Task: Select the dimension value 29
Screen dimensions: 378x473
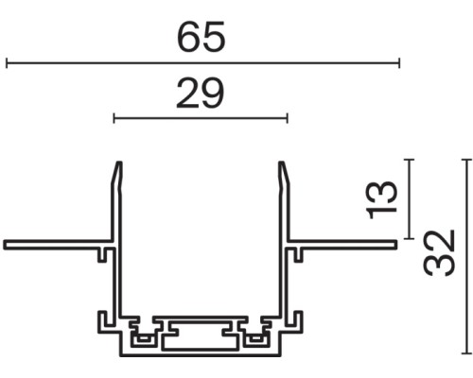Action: [x=200, y=94]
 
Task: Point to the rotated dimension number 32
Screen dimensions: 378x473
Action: [x=441, y=252]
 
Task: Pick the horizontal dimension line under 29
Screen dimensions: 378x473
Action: [x=200, y=119]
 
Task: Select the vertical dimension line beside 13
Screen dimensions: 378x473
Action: [x=409, y=198]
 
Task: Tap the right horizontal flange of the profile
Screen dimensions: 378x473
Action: [x=345, y=244]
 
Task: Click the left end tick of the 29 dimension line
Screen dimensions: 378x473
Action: [x=114, y=119]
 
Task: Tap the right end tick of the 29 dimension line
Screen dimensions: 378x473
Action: [x=287, y=119]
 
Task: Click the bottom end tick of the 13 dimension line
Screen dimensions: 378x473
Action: [x=409, y=238]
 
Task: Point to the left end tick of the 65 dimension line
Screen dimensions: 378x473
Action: [x=7, y=63]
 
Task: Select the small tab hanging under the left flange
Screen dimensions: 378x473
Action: [x=101, y=252]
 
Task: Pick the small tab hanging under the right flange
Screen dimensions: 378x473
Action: [x=299, y=252]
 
